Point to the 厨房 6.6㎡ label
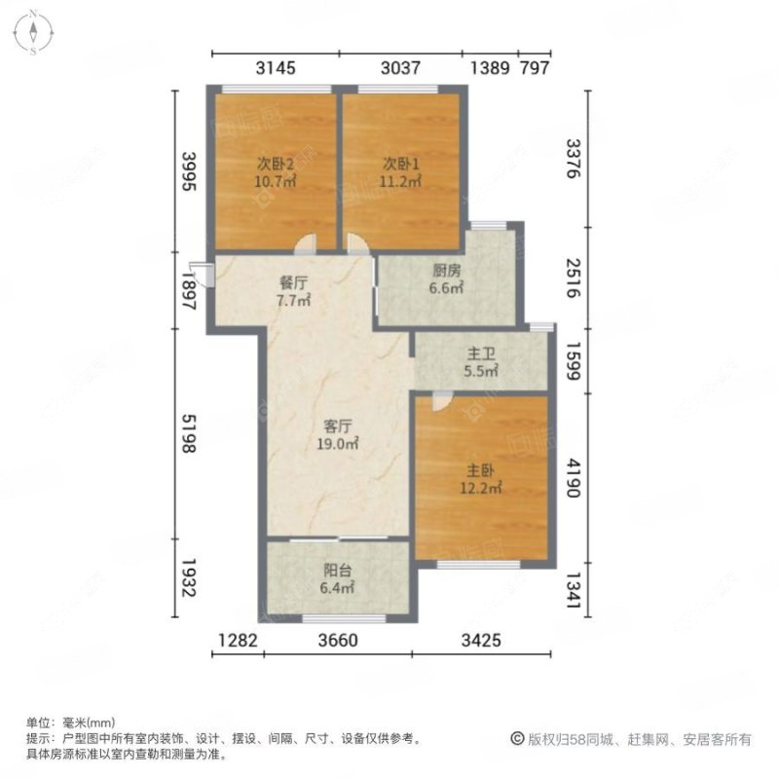coord(445,280)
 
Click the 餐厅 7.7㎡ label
coord(293,291)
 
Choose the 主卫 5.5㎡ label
coord(480,362)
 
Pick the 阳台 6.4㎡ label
coord(339,580)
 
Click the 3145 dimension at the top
coord(276,68)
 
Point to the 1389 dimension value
coord(489,68)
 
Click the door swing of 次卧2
coord(307,244)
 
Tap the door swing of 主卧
coord(442,398)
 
